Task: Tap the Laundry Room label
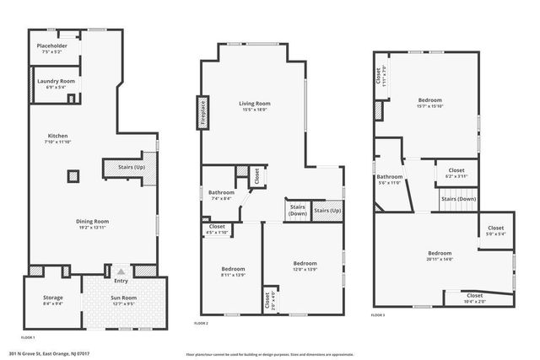tap(57, 83)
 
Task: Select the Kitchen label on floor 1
tap(58, 139)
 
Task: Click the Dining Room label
tap(94, 224)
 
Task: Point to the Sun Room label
tap(123, 301)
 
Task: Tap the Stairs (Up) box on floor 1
tap(126, 168)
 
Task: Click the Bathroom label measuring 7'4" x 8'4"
tap(222, 196)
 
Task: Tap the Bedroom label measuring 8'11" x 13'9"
tap(233, 271)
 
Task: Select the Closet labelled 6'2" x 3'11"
tap(456, 174)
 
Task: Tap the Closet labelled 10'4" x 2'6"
tap(475, 298)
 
